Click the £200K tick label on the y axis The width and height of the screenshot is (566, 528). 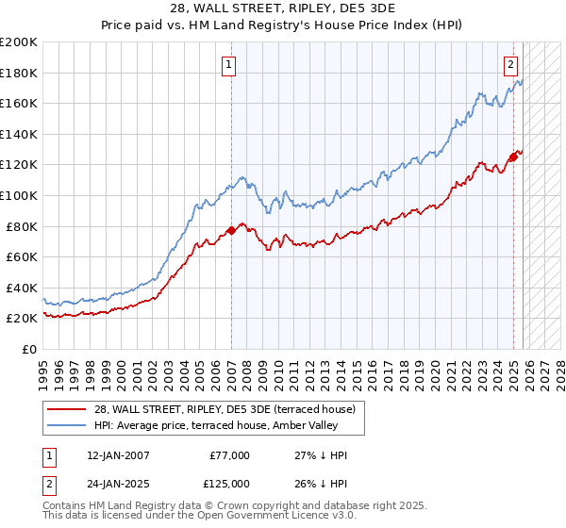(x=19, y=41)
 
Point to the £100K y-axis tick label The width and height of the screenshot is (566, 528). (x=19, y=195)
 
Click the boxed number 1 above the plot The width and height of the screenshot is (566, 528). (x=229, y=65)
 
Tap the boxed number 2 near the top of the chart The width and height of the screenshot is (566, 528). (x=510, y=65)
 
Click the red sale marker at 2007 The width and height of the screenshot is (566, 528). (x=231, y=230)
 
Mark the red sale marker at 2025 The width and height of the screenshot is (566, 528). (x=513, y=157)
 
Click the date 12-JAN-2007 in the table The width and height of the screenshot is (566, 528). (x=110, y=455)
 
